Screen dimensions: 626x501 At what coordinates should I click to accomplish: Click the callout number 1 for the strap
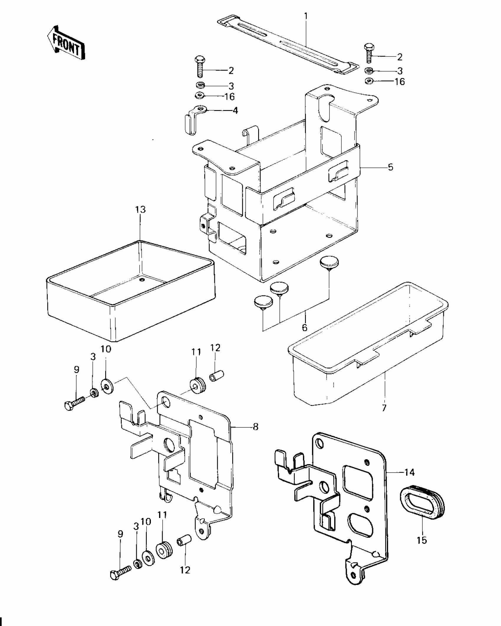306,16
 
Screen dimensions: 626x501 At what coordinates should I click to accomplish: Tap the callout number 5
390,167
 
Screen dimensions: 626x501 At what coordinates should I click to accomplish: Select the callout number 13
141,210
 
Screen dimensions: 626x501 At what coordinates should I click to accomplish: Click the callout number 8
256,426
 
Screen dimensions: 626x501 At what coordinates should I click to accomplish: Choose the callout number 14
409,472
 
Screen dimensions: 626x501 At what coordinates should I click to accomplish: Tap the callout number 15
422,540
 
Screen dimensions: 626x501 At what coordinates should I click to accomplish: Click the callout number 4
235,111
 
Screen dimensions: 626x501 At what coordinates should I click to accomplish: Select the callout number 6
304,327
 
